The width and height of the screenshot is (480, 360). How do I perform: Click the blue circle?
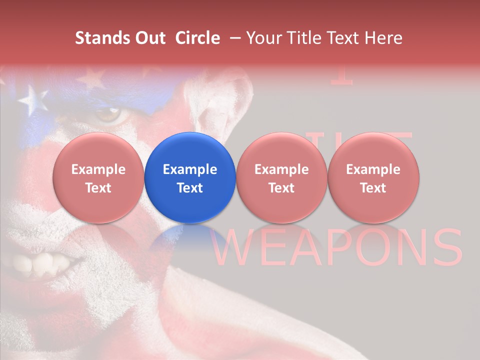point(190,177)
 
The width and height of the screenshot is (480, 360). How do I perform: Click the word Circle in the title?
point(197,38)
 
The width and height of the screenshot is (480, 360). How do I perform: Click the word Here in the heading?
point(383,38)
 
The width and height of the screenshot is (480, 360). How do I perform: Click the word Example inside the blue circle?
point(190,169)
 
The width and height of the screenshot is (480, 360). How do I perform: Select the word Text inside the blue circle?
point(190,188)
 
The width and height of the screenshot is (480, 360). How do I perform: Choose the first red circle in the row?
point(98,177)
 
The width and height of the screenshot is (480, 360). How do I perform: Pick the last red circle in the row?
point(373,177)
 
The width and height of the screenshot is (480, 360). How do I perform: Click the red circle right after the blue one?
point(281,177)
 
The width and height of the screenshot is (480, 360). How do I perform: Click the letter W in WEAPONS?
point(235,248)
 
